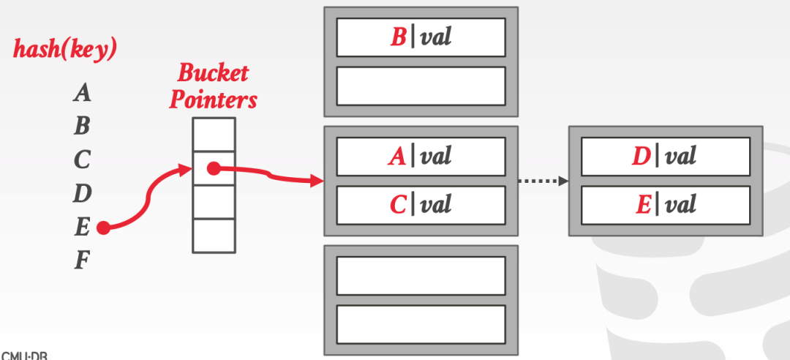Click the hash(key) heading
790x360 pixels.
tap(65, 49)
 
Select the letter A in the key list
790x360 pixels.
tap(83, 93)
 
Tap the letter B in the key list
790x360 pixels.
tap(82, 126)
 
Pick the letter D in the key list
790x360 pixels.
tap(82, 193)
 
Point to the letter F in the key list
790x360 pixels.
tap(82, 260)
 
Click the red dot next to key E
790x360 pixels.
tap(103, 228)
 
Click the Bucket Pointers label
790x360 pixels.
tap(213, 86)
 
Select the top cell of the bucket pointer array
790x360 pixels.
tap(214, 135)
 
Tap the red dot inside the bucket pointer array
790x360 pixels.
tap(213, 169)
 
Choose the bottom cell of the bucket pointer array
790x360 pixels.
tap(214, 235)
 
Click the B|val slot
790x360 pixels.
tap(421, 37)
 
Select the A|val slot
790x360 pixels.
tap(421, 156)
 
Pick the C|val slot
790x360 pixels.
tap(421, 204)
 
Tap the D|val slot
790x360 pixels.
tap(665, 156)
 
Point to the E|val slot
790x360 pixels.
tap(665, 204)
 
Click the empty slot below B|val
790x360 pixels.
tap(421, 86)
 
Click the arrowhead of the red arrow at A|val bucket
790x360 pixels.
tap(317, 181)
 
